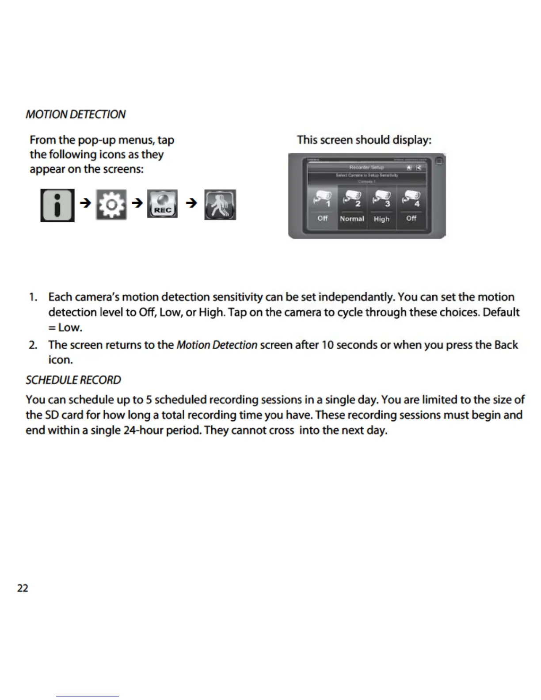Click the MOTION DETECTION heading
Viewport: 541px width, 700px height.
point(76,114)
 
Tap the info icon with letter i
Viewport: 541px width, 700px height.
point(57,205)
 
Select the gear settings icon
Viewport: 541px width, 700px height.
point(111,205)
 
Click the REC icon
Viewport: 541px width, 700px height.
point(162,204)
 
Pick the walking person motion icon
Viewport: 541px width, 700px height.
point(220,205)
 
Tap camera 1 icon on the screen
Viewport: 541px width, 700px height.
point(323,198)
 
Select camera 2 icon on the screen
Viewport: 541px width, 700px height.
point(352,198)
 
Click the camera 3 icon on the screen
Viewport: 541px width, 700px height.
point(382,198)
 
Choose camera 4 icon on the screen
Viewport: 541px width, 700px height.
point(411,198)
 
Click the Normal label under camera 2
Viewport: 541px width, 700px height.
point(352,218)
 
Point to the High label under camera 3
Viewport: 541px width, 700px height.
point(381,219)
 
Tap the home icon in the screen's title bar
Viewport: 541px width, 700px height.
point(409,167)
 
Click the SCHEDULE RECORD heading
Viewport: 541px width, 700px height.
point(73,380)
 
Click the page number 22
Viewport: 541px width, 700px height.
point(23,588)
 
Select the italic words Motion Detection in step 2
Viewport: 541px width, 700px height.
point(217,345)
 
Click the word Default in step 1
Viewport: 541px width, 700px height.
point(501,312)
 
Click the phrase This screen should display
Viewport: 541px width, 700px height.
point(364,140)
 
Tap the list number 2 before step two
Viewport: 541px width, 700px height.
point(33,345)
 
